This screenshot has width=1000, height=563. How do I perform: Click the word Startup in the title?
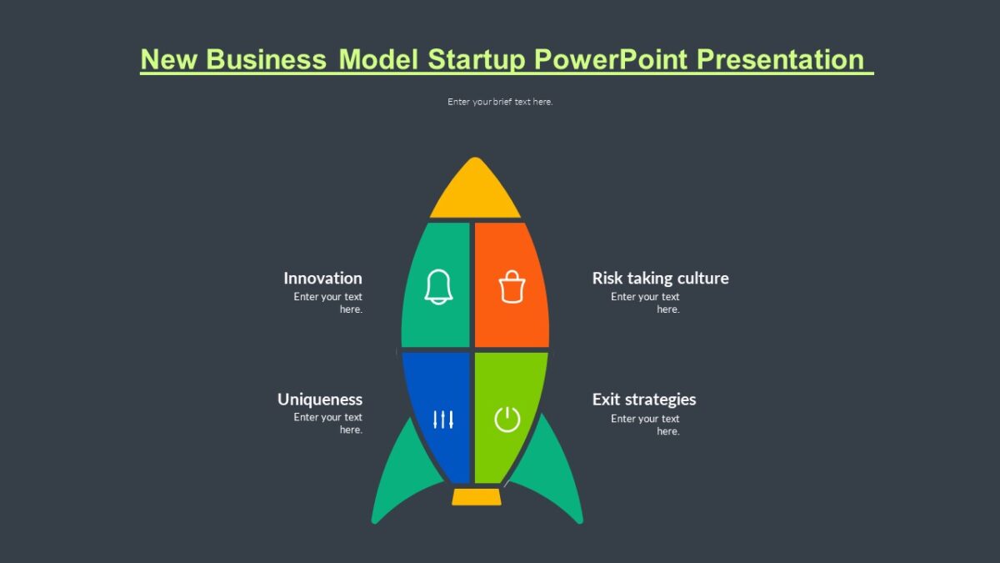[x=477, y=60]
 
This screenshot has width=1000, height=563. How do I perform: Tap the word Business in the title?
[x=266, y=60]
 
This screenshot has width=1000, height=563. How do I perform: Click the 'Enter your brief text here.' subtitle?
[x=500, y=102]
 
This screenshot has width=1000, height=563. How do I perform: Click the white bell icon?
[x=438, y=287]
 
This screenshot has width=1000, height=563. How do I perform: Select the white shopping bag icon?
[x=512, y=287]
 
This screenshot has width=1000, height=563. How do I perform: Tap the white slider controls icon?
[x=443, y=419]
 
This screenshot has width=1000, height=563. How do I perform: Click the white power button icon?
[x=507, y=419]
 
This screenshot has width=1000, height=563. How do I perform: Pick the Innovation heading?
[x=322, y=279]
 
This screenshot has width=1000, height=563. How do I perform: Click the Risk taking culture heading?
[x=660, y=279]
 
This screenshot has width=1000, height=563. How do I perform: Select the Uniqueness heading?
[x=320, y=400]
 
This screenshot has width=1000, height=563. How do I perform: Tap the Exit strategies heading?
[x=644, y=400]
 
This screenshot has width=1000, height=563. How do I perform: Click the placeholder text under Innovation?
[x=328, y=303]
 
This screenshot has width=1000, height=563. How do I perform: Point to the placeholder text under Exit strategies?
[x=645, y=425]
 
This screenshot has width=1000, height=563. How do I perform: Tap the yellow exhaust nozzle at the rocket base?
[x=477, y=497]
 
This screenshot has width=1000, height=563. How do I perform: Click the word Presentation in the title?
[x=781, y=60]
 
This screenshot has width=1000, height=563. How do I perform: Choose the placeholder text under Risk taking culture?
[x=645, y=303]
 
